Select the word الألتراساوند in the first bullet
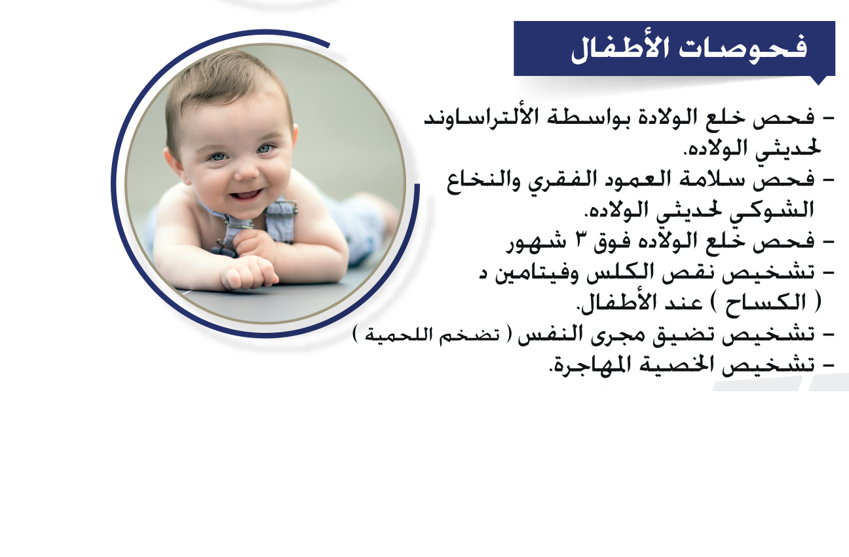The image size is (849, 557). click(475, 117)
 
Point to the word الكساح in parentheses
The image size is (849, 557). click(766, 303)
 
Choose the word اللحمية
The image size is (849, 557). click(401, 335)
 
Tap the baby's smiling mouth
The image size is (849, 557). click(246, 196)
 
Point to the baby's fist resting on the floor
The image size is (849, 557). click(250, 273)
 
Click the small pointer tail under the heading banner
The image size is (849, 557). click(818, 81)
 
